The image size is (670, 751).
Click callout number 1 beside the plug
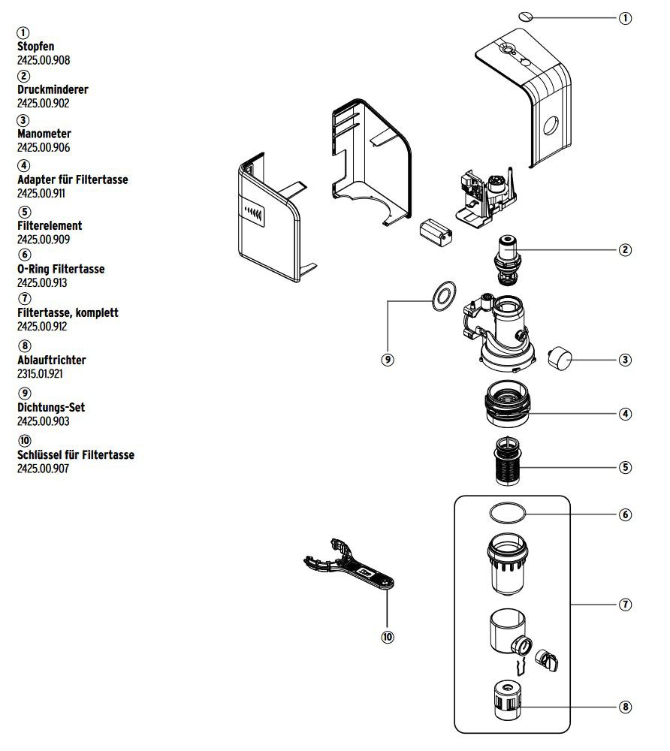pos(625,18)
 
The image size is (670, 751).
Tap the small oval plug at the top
pos(527,16)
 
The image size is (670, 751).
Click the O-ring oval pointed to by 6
pos(507,513)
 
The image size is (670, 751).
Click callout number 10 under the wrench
pos(387,637)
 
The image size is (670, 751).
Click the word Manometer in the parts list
pos(44,134)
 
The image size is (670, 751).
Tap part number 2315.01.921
pos(44,374)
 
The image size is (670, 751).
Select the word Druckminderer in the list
pos(53,89)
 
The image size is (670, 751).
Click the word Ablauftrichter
pos(51,360)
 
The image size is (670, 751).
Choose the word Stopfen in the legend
pos(36,47)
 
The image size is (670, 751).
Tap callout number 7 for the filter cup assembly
pos(625,605)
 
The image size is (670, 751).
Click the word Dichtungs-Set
pos(51,407)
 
